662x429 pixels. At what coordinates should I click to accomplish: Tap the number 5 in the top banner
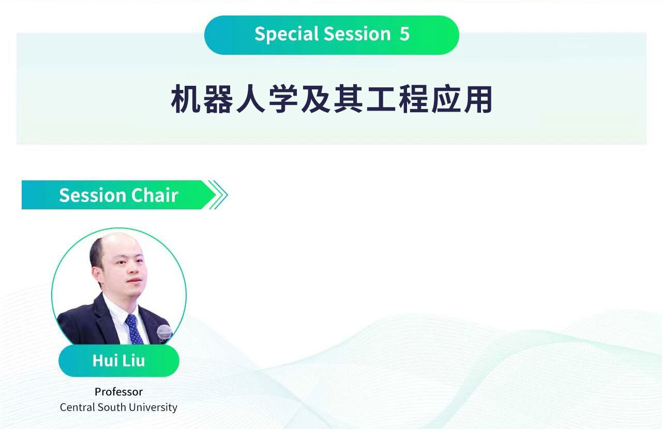pyautogui.click(x=404, y=34)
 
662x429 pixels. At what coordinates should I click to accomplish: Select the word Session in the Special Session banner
pyautogui.click(x=357, y=34)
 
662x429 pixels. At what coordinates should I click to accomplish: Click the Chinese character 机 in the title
pyautogui.click(x=186, y=99)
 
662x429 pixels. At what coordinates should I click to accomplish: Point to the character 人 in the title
pyautogui.click(x=251, y=99)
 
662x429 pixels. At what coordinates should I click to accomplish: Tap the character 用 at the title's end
pyautogui.click(x=478, y=99)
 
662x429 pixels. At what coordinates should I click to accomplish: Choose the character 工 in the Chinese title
pyautogui.click(x=381, y=99)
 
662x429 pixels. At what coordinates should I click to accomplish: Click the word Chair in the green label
pyautogui.click(x=155, y=195)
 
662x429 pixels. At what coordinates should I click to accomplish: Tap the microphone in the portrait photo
pyautogui.click(x=164, y=333)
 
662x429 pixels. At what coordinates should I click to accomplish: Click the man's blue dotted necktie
pyautogui.click(x=134, y=329)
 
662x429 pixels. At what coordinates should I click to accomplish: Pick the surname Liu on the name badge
pyautogui.click(x=133, y=361)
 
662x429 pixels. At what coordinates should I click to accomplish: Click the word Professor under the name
pyautogui.click(x=118, y=392)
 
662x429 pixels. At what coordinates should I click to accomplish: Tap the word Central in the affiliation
pyautogui.click(x=78, y=407)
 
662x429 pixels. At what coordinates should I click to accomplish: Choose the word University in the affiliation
pyautogui.click(x=153, y=408)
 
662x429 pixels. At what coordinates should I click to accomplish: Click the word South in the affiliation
pyautogui.click(x=112, y=407)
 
